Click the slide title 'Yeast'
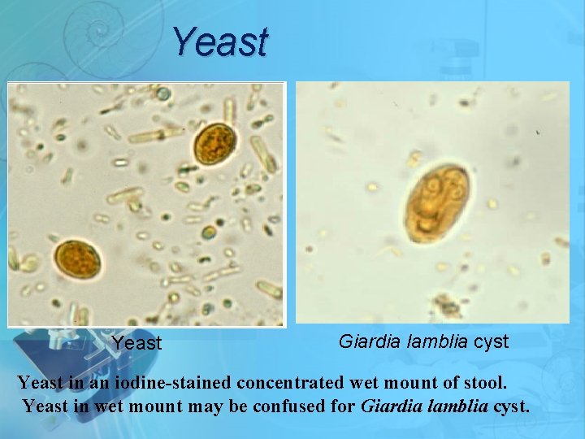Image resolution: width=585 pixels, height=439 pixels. coord(219,41)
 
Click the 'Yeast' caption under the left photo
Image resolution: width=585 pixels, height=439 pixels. coord(136,343)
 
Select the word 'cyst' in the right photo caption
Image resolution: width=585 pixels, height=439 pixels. coord(491,341)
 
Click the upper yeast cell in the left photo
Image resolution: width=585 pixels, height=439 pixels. coord(214,143)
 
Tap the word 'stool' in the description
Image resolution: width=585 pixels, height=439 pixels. coord(483,380)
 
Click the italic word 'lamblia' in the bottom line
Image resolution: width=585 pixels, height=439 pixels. coord(455,404)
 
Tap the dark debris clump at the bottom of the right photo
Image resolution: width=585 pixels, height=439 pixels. coord(445,305)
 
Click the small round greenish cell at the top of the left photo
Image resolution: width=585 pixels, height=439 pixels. coord(163,94)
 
